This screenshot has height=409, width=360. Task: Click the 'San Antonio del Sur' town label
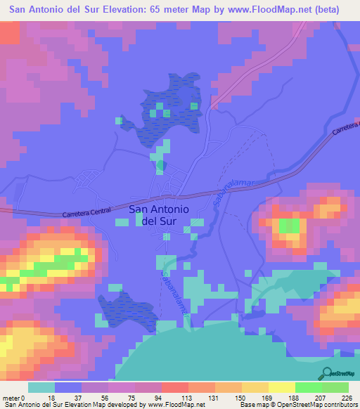(159, 214)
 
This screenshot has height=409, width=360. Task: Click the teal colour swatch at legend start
(41, 387)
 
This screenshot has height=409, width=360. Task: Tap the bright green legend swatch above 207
(309, 387)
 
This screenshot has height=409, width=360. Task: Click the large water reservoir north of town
(169, 109)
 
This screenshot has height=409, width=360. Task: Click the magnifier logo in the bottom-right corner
(327, 373)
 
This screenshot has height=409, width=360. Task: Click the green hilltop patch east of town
(289, 226)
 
